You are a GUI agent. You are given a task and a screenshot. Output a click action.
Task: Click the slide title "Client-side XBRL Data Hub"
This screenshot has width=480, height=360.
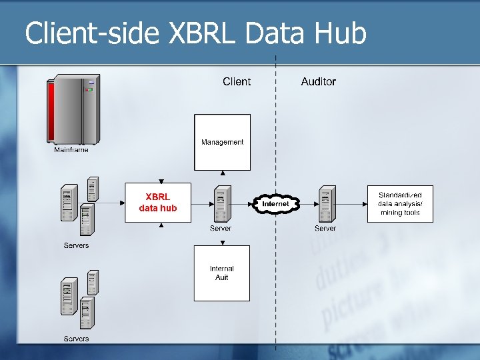tap(195, 33)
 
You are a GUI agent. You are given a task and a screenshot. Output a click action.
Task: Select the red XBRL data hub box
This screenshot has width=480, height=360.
tap(158, 202)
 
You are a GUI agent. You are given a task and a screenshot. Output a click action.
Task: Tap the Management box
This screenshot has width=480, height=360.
tap(222, 142)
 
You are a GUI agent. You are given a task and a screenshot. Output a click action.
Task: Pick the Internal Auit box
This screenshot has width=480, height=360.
tap(222, 273)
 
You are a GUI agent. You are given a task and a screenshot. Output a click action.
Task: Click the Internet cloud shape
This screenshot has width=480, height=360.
tap(275, 203)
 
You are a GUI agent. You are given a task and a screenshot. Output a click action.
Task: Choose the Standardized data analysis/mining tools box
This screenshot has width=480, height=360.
tap(400, 203)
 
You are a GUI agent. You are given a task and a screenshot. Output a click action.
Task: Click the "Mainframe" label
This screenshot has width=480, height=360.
tap(71, 150)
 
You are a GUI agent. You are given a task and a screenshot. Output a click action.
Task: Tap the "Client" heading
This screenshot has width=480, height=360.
tap(237, 81)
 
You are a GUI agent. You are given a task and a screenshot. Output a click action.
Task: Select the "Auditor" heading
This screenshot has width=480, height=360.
tap(319, 81)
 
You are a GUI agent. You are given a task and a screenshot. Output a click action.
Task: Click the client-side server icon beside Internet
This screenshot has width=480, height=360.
tap(222, 203)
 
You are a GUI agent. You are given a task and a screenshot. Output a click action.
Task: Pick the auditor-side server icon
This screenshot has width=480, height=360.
tap(326, 203)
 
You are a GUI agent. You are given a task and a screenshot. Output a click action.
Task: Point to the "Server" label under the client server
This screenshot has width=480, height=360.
tap(221, 228)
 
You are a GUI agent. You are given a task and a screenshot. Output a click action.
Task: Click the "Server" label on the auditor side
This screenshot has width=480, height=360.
tap(325, 228)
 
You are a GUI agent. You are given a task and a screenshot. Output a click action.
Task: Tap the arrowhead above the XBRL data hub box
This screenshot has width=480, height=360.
tap(161, 181)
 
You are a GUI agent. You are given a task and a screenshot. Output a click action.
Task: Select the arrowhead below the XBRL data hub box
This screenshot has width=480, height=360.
tap(161, 225)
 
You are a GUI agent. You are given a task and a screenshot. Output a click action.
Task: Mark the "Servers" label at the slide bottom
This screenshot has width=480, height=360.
tap(76, 339)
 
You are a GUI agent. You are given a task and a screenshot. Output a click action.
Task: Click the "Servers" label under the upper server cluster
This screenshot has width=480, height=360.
tap(76, 245)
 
